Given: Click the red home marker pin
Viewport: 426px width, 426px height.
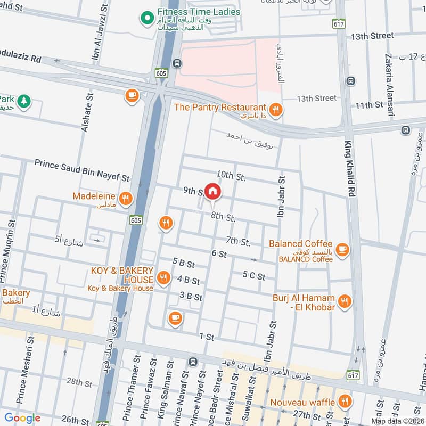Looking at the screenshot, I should point(212,191).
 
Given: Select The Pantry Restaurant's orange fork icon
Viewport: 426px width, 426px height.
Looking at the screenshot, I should point(275,110).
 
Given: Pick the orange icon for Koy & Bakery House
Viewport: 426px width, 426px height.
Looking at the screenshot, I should point(163,277).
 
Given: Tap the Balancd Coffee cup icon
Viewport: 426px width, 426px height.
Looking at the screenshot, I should point(342,249).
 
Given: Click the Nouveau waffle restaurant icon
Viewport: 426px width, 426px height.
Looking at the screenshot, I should point(345,401).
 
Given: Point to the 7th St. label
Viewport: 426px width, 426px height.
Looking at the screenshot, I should point(237,242).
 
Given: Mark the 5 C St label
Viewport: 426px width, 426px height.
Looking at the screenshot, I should point(253,275).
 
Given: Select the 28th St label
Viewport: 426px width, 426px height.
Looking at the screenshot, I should point(79,382).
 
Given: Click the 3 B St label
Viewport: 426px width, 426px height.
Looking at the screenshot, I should point(191,296).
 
